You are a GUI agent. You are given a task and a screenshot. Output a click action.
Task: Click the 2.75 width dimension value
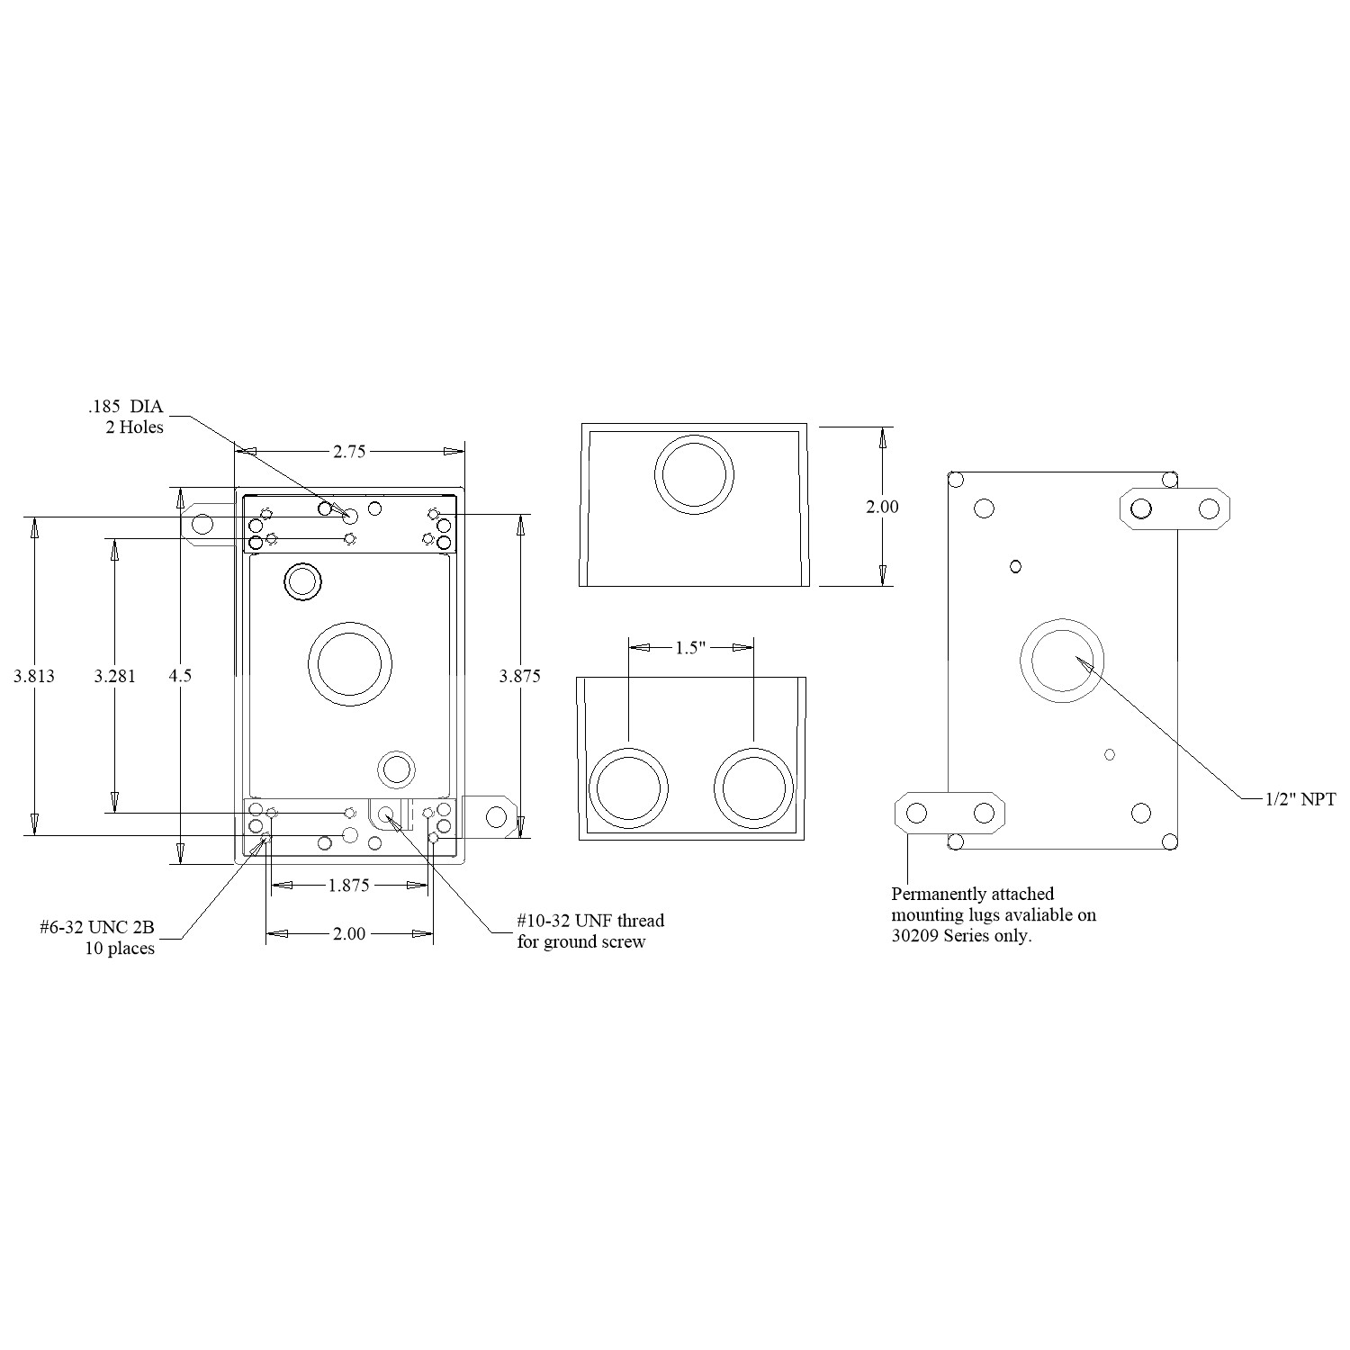[x=349, y=452]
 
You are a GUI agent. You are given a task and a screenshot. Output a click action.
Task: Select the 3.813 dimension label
[x=34, y=676]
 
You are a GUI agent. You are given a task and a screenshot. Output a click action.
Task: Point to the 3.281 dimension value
[x=115, y=676]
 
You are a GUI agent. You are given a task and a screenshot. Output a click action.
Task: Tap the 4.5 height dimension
[x=181, y=676]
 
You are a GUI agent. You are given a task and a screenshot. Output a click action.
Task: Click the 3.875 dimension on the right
[x=520, y=677]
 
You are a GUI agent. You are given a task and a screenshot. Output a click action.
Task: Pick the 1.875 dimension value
[x=348, y=886]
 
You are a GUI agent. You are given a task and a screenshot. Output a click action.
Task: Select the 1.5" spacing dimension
[x=690, y=648]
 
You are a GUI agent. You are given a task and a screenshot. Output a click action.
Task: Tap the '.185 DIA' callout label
[x=126, y=407]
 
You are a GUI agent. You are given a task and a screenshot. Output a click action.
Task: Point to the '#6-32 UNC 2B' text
[x=97, y=927]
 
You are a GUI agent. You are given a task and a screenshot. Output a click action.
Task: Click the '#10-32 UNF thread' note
[x=590, y=921]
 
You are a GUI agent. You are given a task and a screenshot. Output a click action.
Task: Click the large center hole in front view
[x=350, y=664]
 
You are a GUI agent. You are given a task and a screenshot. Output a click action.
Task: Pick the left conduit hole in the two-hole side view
[x=628, y=788]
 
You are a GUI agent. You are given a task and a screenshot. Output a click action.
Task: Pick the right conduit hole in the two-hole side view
[x=754, y=788]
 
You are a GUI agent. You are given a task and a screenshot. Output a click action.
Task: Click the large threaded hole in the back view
[x=1062, y=661]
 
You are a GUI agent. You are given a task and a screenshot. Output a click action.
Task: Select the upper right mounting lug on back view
[x=1174, y=509]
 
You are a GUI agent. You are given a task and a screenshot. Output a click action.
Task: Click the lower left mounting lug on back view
[x=949, y=813]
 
